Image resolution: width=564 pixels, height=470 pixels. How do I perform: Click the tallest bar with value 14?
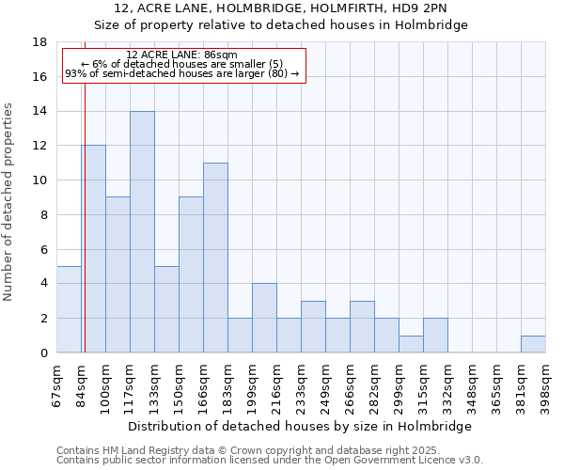pyautogui.click(x=142, y=232)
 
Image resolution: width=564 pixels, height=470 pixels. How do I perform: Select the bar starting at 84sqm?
pyautogui.click(x=93, y=249)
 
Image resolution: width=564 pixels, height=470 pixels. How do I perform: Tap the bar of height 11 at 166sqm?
pyautogui.click(x=215, y=258)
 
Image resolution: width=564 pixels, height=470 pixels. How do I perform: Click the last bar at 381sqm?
pyautogui.click(x=533, y=344)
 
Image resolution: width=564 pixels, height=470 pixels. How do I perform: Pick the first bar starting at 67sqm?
pyautogui.click(x=69, y=309)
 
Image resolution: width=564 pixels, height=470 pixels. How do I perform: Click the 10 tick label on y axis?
pyautogui.click(x=40, y=180)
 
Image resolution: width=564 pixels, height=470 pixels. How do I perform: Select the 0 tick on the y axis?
pyautogui.click(x=44, y=353)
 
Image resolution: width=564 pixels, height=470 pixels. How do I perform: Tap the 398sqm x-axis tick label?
pyautogui.click(x=546, y=386)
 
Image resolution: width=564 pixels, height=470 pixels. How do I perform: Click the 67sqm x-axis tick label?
pyautogui.click(x=57, y=386)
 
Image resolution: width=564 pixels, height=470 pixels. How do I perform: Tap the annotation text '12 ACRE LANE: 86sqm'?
pyautogui.click(x=181, y=55)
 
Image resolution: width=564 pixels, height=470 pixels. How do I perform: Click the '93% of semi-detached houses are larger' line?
pyautogui.click(x=181, y=73)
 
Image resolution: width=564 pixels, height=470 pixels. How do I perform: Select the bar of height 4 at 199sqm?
pyautogui.click(x=264, y=318)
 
